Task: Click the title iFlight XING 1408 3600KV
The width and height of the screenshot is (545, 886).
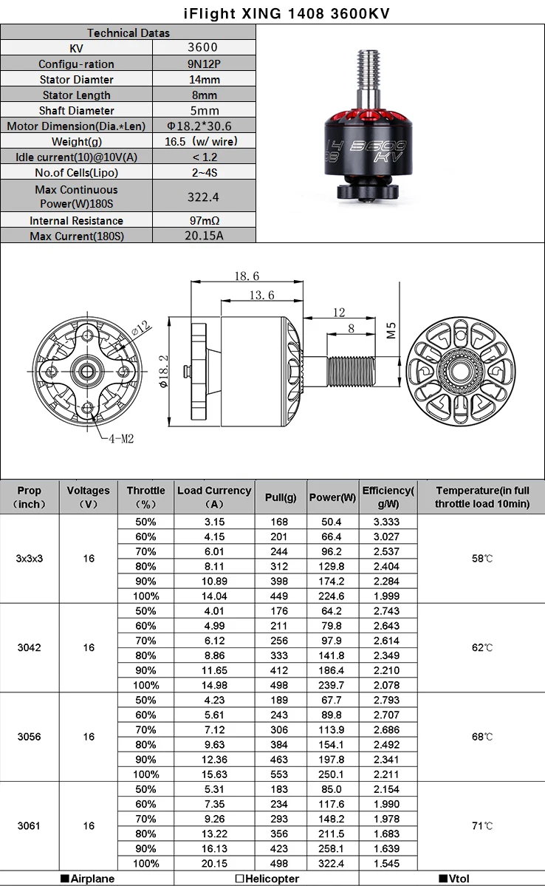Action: [x=287, y=13]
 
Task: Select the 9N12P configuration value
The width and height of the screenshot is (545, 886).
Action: [x=204, y=64]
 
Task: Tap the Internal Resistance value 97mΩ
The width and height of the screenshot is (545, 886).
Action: [x=204, y=220]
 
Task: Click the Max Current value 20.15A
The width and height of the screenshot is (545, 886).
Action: [x=204, y=236]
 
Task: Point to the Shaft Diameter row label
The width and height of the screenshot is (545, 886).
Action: [x=76, y=111]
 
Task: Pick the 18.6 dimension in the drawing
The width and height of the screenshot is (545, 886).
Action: [x=247, y=276]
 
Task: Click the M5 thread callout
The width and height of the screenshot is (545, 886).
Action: [x=391, y=330]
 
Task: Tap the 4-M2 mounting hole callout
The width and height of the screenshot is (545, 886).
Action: [x=121, y=438]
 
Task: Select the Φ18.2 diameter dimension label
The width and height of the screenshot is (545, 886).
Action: [x=163, y=371]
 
